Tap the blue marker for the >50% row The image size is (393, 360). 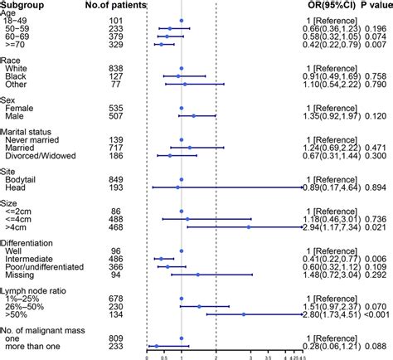[243, 315]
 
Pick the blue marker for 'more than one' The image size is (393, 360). [155, 346]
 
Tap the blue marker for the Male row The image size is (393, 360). [193, 116]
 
